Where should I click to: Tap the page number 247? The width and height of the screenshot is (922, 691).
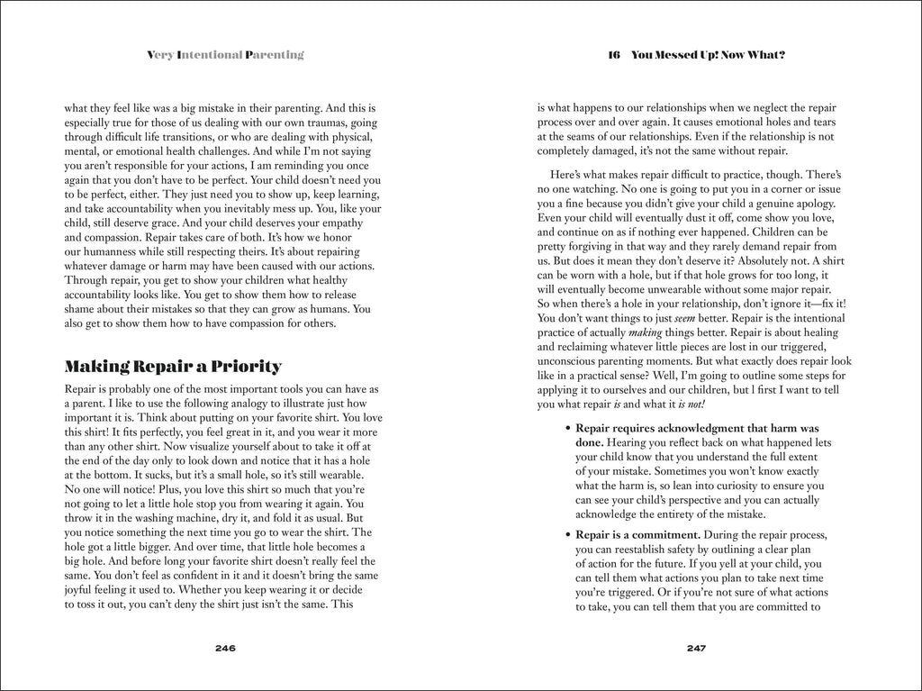click(x=696, y=648)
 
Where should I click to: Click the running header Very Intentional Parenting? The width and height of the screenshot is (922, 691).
click(x=225, y=55)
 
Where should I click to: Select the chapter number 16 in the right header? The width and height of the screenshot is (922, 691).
click(x=615, y=55)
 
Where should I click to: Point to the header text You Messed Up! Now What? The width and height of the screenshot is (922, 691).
click(x=709, y=55)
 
